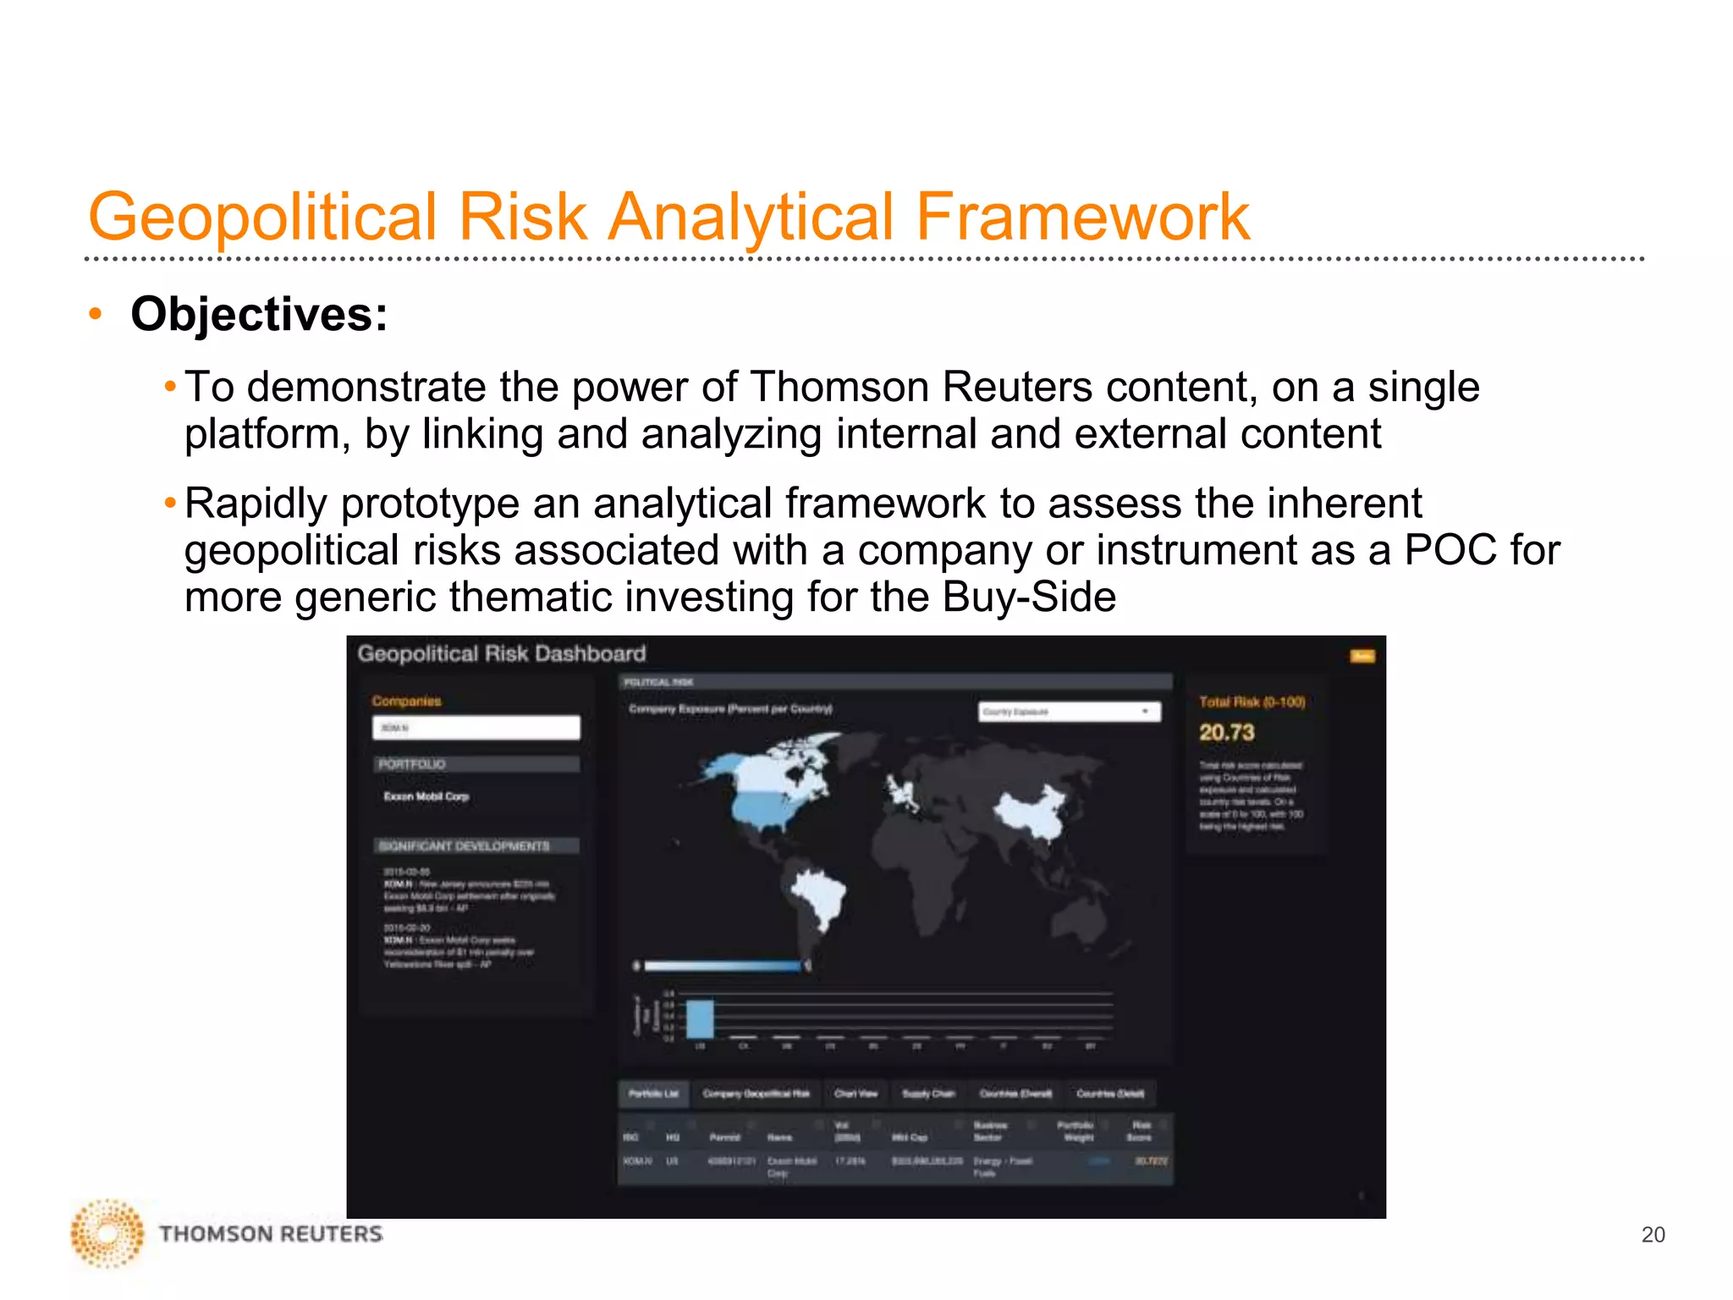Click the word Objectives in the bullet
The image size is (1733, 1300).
click(258, 315)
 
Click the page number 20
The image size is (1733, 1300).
click(1652, 1235)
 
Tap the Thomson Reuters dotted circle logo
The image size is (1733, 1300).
click(107, 1233)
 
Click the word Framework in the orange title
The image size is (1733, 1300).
click(1082, 217)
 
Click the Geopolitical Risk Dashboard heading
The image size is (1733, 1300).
click(501, 653)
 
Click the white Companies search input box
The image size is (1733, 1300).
click(476, 728)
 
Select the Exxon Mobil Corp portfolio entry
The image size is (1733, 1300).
click(426, 796)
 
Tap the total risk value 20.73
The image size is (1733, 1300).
click(1226, 732)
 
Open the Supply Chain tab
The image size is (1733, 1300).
click(927, 1093)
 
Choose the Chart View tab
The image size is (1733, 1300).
click(855, 1093)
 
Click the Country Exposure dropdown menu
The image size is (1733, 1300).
click(1070, 712)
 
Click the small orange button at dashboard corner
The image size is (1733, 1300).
click(1362, 656)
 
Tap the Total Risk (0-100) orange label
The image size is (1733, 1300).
click(1252, 702)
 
